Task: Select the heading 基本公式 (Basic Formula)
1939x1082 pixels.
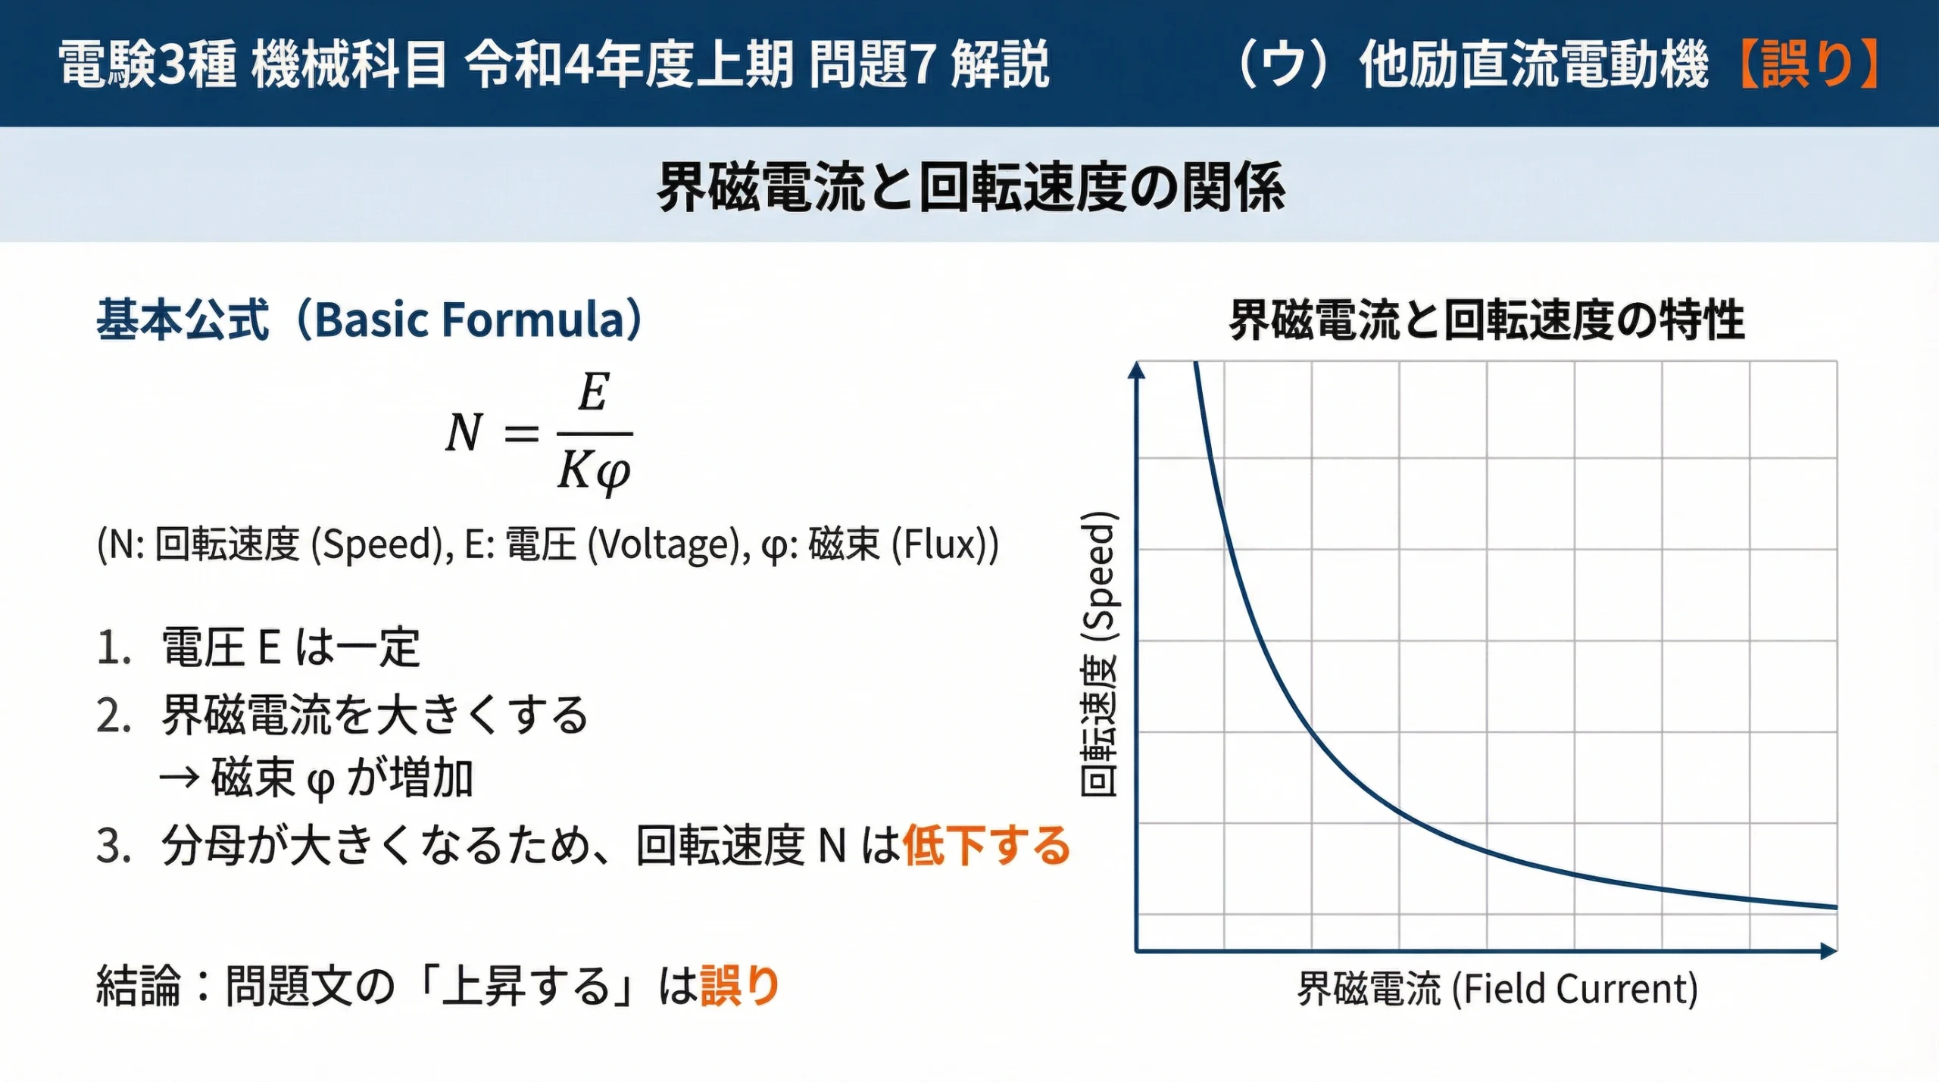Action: click(x=370, y=320)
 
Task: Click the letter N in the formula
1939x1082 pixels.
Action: click(x=464, y=433)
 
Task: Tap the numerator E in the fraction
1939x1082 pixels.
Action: click(x=593, y=393)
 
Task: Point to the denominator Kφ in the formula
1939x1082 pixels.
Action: click(x=594, y=471)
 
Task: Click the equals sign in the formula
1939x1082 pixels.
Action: click(x=521, y=434)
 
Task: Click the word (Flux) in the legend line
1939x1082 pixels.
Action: click(x=944, y=544)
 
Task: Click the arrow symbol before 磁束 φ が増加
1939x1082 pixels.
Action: click(x=180, y=778)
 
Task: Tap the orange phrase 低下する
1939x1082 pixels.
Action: click(x=986, y=845)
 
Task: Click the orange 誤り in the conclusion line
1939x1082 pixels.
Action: click(x=740, y=986)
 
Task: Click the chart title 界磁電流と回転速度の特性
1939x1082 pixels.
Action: click(x=1486, y=320)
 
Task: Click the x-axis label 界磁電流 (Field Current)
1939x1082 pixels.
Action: click(x=1497, y=989)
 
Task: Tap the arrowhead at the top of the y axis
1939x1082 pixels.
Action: click(x=1136, y=370)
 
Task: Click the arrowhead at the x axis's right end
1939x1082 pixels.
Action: click(x=1829, y=951)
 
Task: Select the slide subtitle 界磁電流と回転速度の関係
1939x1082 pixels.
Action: click(x=970, y=187)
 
